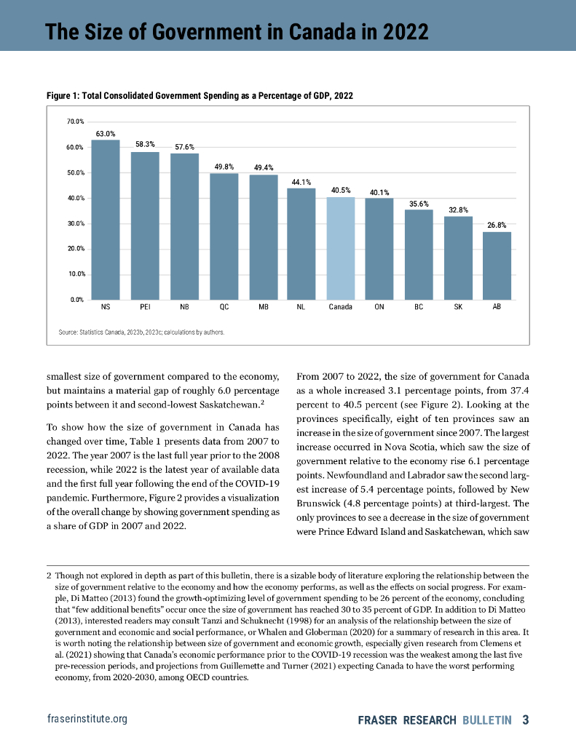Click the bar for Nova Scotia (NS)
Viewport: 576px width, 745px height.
point(106,219)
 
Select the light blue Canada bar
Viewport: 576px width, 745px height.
point(340,248)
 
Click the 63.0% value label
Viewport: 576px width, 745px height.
point(106,134)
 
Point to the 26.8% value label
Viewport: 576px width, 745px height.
point(497,226)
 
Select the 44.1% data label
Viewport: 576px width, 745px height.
point(301,182)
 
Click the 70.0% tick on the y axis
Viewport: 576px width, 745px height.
point(76,121)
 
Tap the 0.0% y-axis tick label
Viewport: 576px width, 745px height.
point(77,299)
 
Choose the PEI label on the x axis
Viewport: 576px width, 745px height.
point(145,308)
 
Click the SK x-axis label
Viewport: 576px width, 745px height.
point(458,308)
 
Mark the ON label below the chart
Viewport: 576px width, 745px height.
point(379,308)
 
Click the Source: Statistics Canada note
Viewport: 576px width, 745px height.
point(141,332)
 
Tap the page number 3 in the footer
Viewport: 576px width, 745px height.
point(525,720)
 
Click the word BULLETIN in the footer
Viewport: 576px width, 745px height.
point(487,720)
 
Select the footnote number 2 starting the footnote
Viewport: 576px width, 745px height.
point(50,575)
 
